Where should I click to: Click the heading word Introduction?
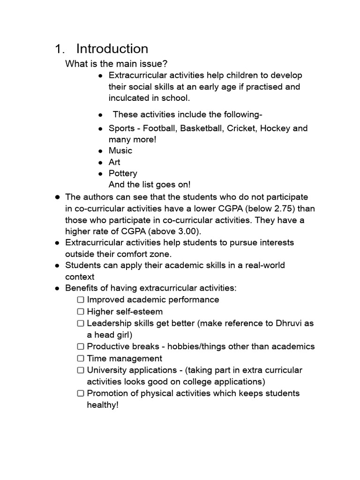click(112, 49)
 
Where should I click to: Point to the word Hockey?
click(275, 128)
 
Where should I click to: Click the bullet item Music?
click(120, 150)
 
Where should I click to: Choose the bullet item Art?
click(114, 162)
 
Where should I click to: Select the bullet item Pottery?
click(123, 173)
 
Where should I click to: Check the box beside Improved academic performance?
click(81, 300)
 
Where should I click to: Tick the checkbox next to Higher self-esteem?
click(81, 311)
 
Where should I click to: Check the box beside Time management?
click(81, 359)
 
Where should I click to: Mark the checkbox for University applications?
click(81, 370)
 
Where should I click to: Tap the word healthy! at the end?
click(103, 405)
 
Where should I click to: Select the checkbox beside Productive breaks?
click(81, 347)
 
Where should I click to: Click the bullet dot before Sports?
click(100, 128)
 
